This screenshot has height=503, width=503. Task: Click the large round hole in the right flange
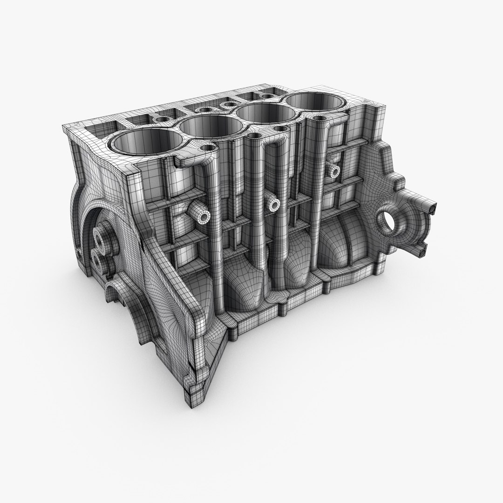[x=387, y=222]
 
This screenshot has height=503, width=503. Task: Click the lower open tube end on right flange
[x=423, y=251]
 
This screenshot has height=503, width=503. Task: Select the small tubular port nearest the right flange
[x=335, y=172]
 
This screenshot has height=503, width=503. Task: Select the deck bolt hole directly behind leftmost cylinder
[x=161, y=119]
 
